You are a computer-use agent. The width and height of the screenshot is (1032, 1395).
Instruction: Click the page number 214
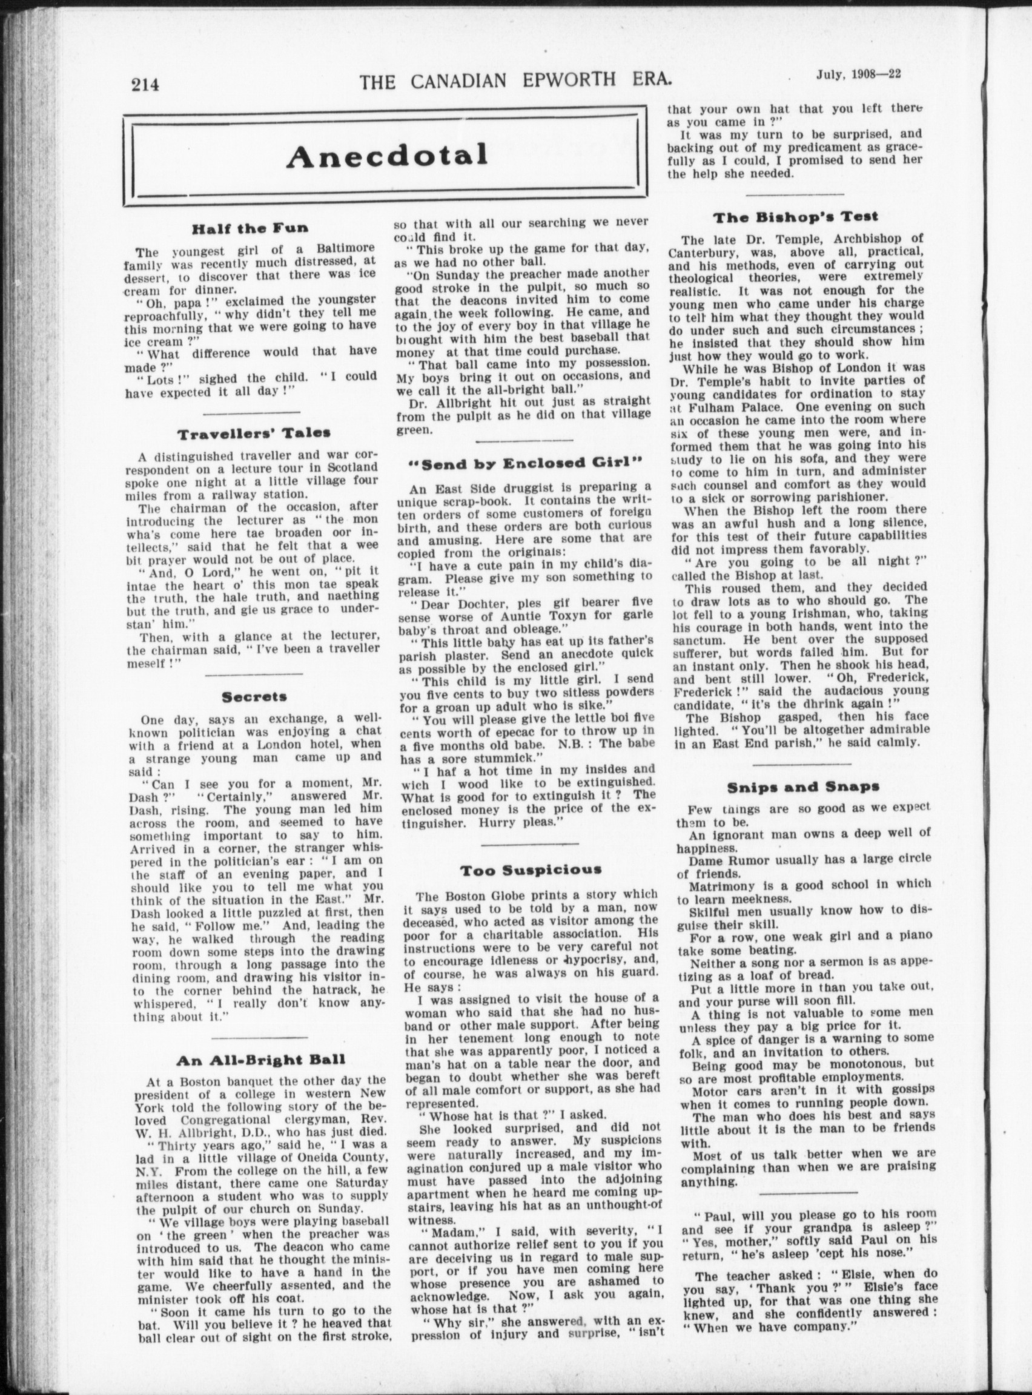145,84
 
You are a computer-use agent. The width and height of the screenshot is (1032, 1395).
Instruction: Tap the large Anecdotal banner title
386,156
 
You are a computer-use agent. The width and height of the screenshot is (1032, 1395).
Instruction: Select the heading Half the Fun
250,228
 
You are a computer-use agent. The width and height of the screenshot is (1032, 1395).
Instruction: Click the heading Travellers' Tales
254,434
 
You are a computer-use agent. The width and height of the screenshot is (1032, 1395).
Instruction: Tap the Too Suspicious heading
531,869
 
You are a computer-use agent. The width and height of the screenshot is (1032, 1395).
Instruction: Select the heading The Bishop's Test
795,217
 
